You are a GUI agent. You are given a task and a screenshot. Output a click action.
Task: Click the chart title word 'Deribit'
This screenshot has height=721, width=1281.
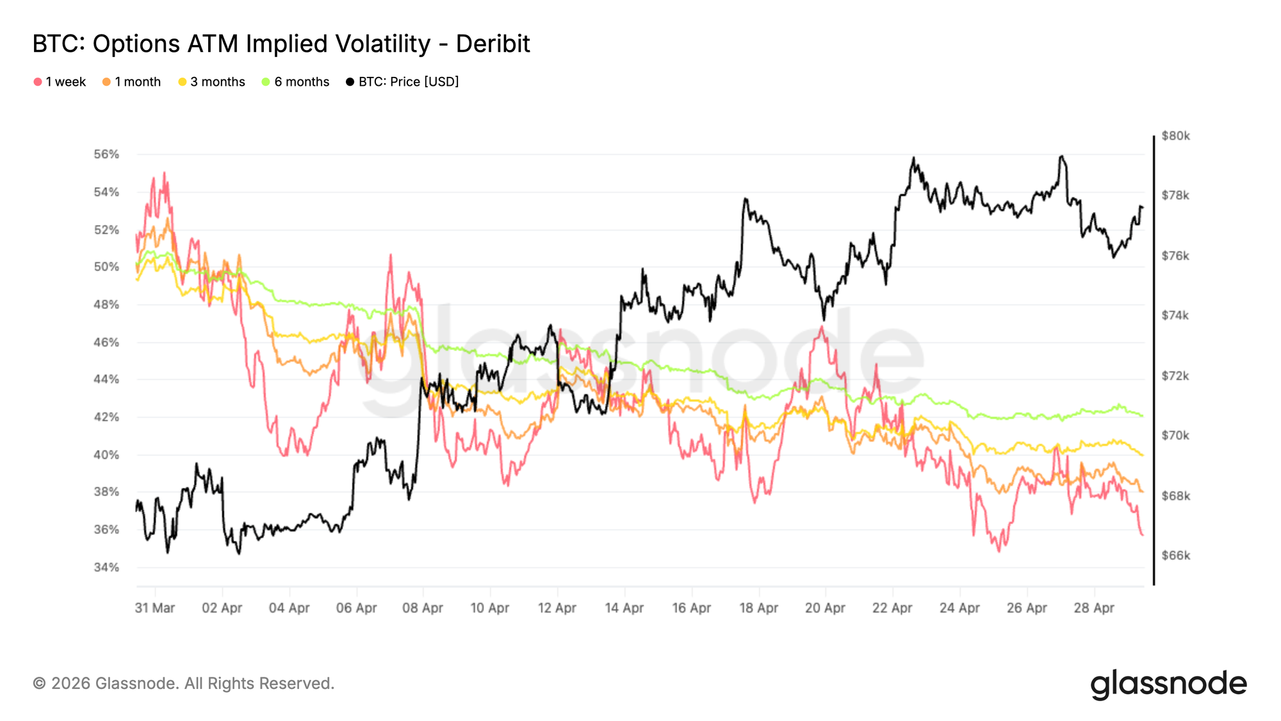pos(493,44)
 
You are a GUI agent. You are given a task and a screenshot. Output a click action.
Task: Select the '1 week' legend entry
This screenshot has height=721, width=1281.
pos(60,82)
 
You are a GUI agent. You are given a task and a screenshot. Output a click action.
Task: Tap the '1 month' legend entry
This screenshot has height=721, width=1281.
pos(132,82)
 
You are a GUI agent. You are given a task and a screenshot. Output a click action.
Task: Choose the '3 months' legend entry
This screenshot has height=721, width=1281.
pos(212,82)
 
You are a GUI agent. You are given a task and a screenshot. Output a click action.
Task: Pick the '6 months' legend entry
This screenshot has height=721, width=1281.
pos(296,82)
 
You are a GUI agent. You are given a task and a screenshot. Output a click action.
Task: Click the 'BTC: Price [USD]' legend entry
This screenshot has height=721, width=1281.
pos(403,82)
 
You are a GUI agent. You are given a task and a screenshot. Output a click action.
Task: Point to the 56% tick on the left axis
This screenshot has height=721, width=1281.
pos(106,154)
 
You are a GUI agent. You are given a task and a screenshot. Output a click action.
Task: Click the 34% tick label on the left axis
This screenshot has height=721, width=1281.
pos(106,567)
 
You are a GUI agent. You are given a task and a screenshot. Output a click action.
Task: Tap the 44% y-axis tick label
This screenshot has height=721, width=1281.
pos(106,379)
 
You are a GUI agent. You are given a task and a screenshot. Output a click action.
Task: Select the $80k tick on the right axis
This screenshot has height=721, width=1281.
pos(1175,136)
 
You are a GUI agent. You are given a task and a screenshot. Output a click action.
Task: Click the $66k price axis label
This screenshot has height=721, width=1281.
pos(1175,556)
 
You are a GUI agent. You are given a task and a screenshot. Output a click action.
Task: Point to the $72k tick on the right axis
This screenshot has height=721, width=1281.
pos(1175,376)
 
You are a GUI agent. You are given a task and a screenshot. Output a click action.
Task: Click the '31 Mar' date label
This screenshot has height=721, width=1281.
pos(155,608)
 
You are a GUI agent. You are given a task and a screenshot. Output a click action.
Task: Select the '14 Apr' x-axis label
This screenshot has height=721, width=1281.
pos(624,608)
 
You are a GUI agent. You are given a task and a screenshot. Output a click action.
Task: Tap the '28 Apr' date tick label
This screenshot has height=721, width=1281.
pos(1094,608)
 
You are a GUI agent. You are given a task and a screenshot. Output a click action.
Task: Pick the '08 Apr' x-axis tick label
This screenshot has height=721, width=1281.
pos(423,608)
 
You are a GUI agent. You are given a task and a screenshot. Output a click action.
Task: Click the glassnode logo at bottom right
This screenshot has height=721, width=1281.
pos(1168,684)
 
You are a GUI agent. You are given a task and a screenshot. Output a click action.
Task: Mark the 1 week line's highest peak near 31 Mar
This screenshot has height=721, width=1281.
pos(164,172)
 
